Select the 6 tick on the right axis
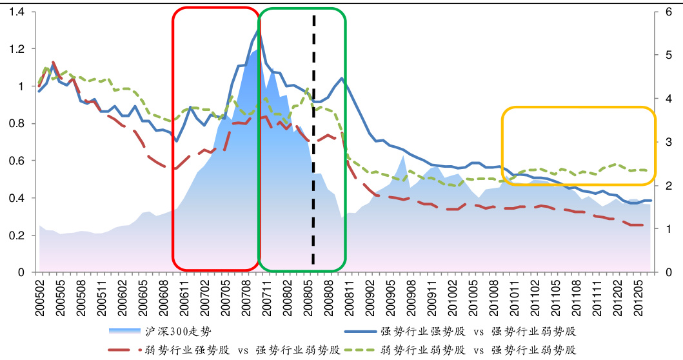click(669, 12)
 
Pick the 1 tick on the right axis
click(669, 229)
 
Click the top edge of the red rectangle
click(215, 8)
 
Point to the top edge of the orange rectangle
click(579, 107)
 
